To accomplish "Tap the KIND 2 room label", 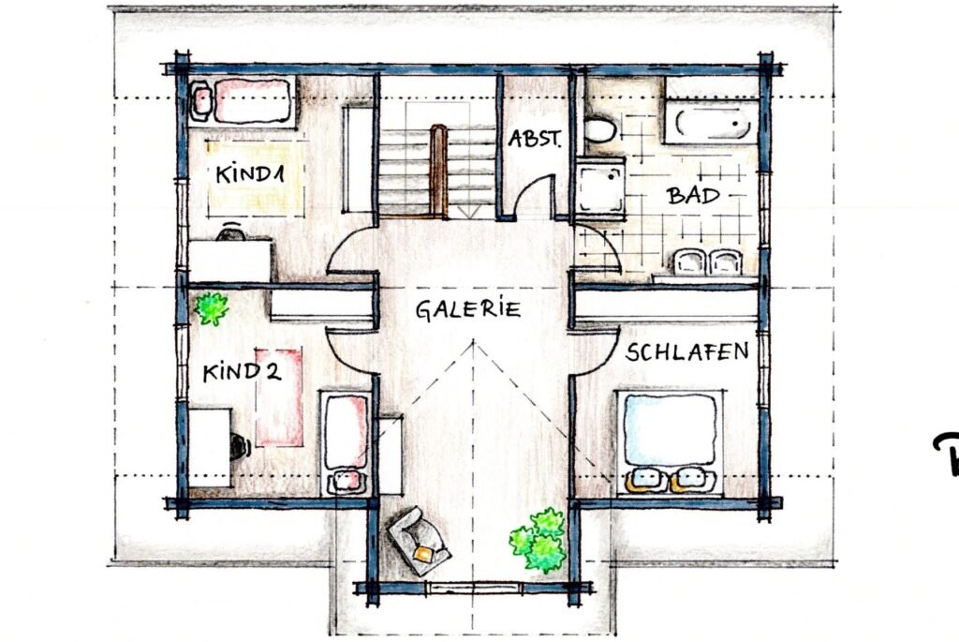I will point(242,371).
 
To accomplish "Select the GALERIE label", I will point(468,310).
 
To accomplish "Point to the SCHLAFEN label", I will point(687,352).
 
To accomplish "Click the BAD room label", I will point(693,196).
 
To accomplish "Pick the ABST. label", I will point(535,140).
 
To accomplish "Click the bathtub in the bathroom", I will point(711,123).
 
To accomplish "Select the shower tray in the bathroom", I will point(599,186).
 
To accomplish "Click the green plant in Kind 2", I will point(213,307).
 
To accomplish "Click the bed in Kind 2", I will point(347,440).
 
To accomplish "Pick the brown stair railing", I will point(438,169).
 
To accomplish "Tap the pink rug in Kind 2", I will point(280,396).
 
